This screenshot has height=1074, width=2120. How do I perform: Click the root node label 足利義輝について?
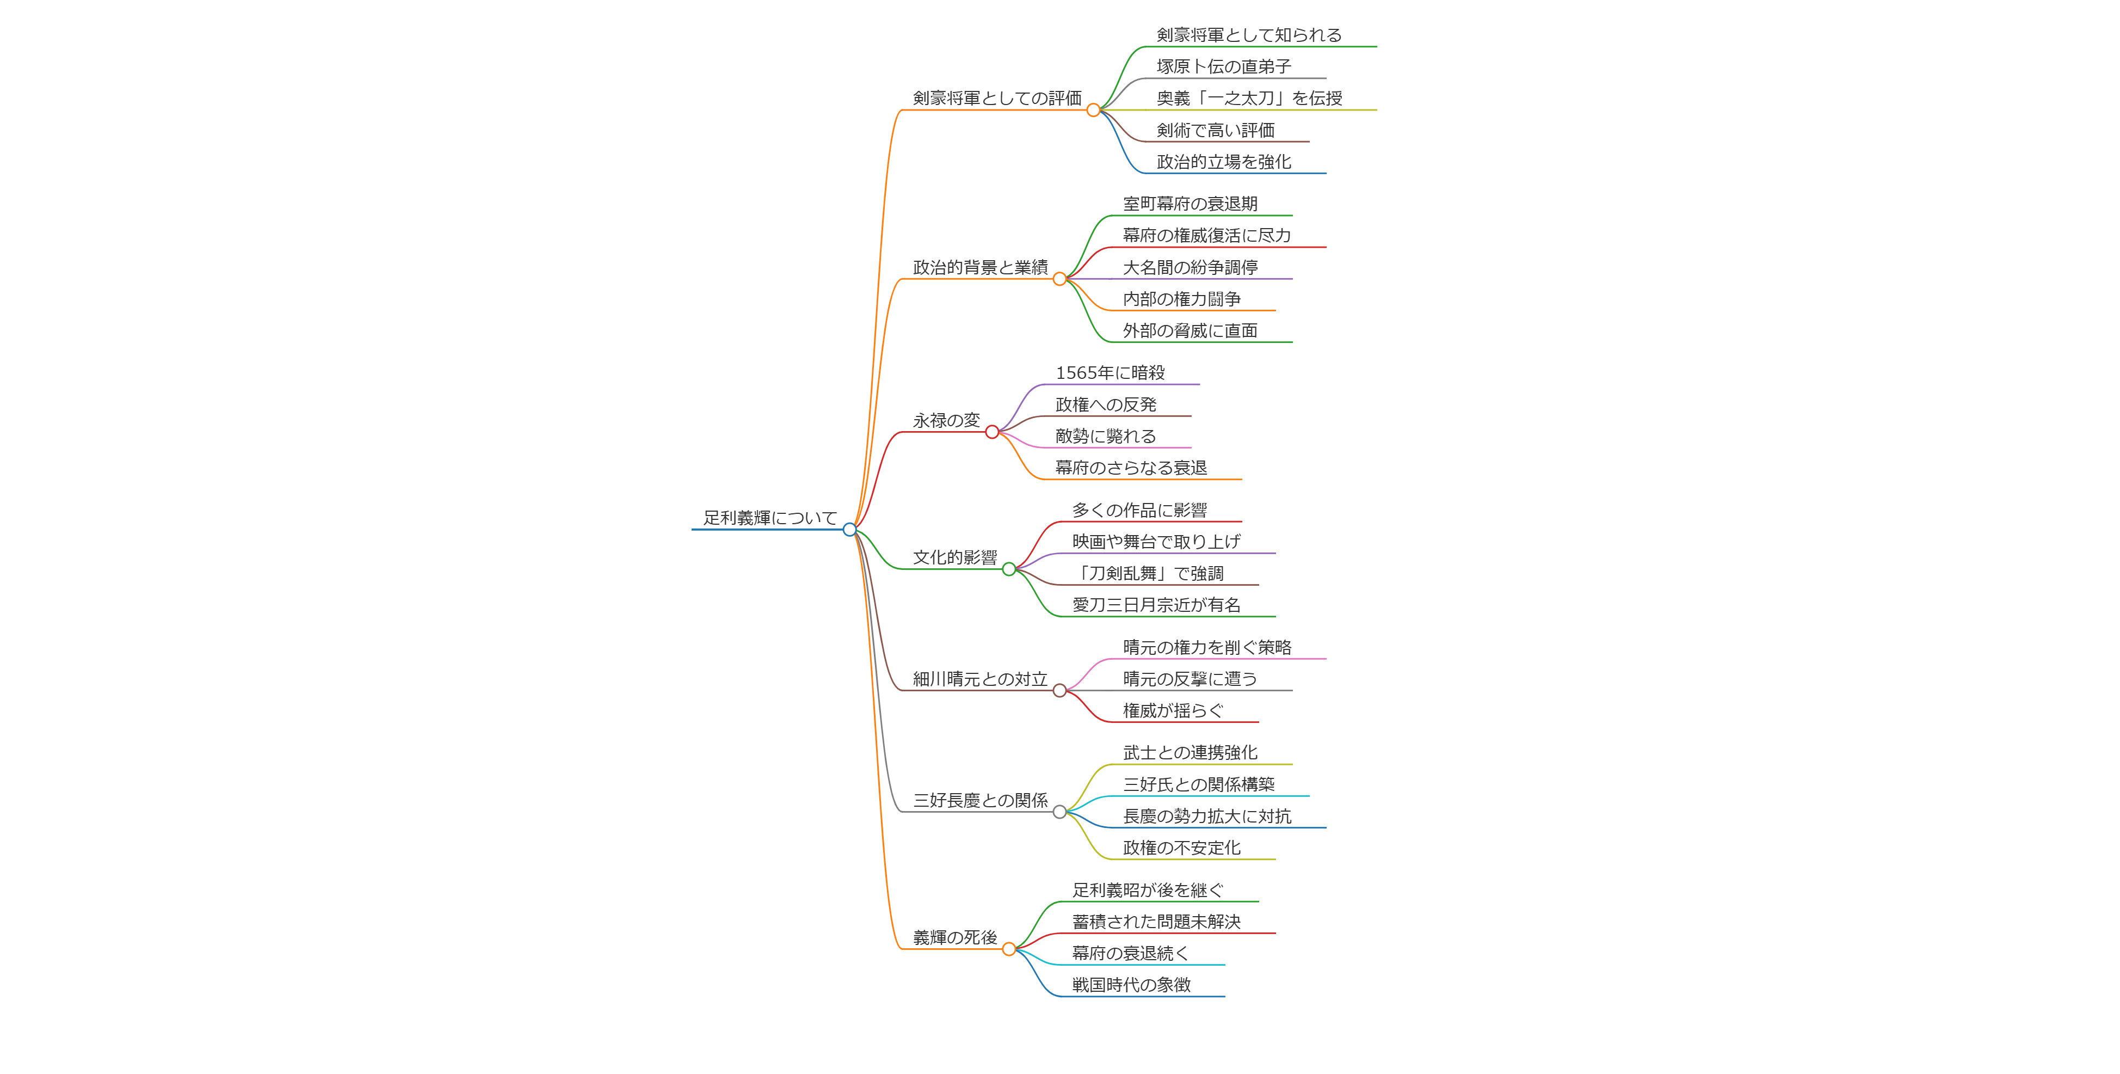coord(769,518)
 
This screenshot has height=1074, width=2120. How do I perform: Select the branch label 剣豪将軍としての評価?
coord(997,98)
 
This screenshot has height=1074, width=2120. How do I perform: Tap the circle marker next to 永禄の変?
coord(991,432)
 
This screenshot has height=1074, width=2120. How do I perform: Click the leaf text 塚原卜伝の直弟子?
coord(1224,66)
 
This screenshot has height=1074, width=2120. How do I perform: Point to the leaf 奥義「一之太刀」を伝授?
coord(1248,98)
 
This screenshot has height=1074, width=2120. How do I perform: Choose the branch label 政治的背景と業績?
coord(980,267)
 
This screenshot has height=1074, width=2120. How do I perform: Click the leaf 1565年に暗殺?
coord(1110,373)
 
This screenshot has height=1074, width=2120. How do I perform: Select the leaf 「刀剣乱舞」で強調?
coord(1148,574)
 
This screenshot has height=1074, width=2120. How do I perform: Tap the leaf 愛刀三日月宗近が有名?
coord(1156,605)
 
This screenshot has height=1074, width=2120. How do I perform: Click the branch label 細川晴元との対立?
coord(980,679)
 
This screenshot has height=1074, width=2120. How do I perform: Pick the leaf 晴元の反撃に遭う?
coord(1190,679)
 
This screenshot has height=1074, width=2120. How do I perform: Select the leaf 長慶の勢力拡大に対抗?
coord(1207,817)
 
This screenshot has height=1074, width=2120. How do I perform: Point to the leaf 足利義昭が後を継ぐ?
coord(1148,891)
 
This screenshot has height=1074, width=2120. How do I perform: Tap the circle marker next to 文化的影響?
coord(1009,569)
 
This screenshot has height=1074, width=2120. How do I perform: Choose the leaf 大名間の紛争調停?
coord(1190,267)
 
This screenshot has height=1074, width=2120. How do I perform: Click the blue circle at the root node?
coord(849,529)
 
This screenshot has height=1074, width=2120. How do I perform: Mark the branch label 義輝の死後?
coord(954,937)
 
